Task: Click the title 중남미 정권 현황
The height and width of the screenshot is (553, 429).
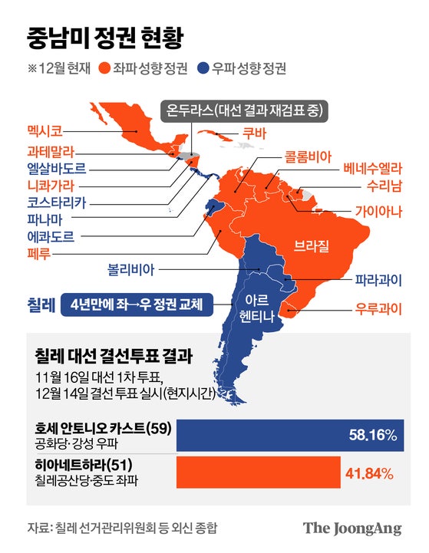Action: tap(105, 36)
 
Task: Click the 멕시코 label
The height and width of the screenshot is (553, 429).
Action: tap(48, 130)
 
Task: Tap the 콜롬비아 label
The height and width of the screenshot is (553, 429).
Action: tap(308, 156)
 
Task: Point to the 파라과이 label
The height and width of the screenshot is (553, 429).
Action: tap(379, 279)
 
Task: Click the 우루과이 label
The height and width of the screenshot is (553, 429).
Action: tap(379, 311)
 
